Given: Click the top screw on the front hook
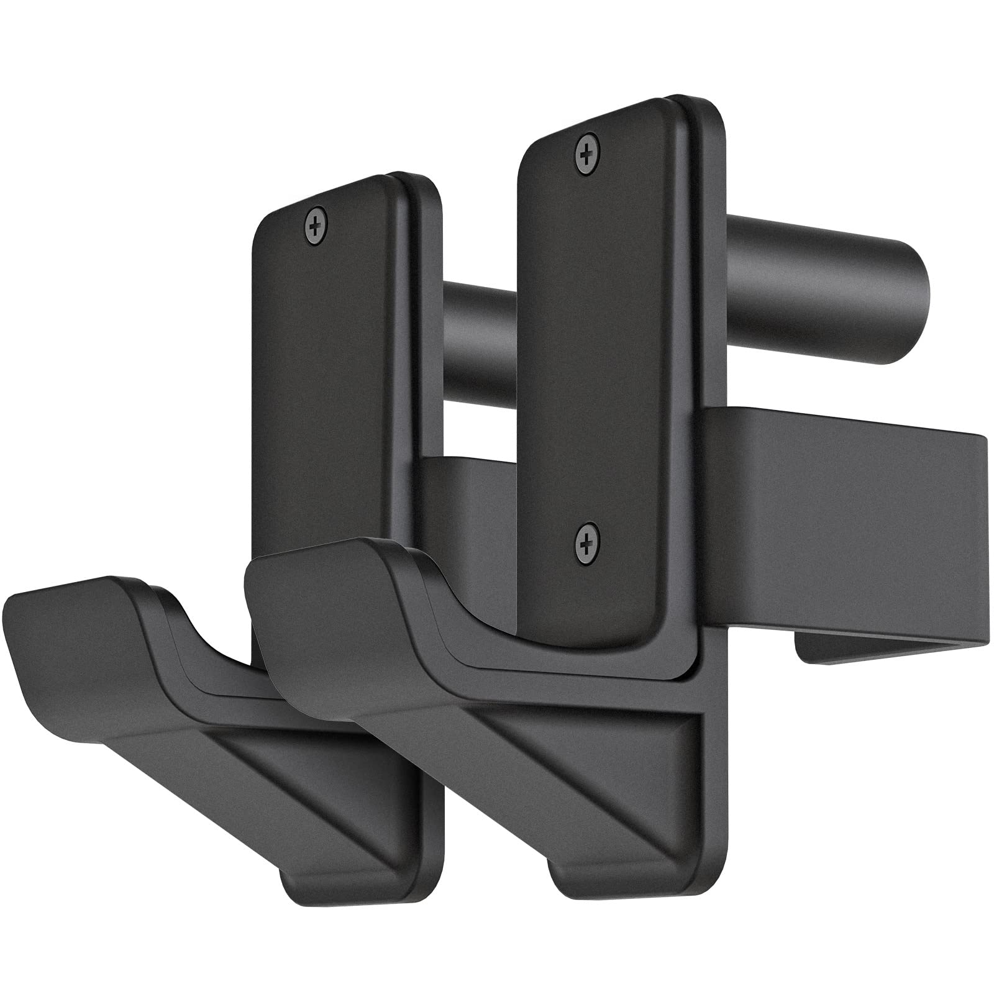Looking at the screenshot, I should coord(587,150).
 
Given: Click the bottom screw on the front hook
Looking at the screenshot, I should coord(587,539).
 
